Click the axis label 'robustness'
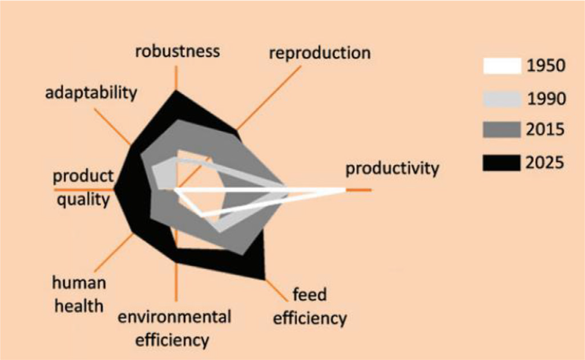pos(177,51)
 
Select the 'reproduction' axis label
pos(320,53)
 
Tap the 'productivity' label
pos(392,169)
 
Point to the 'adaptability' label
pos(91,92)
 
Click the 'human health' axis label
pos(79,294)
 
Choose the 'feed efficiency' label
pos(310,306)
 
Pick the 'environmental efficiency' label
pos(174,328)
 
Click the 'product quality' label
pos(83,188)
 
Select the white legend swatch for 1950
pos(502,66)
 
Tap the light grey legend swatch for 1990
pos(502,99)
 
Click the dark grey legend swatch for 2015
pos(502,130)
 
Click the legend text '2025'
pos(544,163)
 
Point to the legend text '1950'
pos(546,66)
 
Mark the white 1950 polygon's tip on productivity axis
pos(345,190)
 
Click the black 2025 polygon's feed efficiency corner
pos(264,279)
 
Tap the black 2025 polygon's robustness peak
pos(176,90)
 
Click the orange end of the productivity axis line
pos(371,190)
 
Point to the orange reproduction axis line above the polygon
pos(269,98)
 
